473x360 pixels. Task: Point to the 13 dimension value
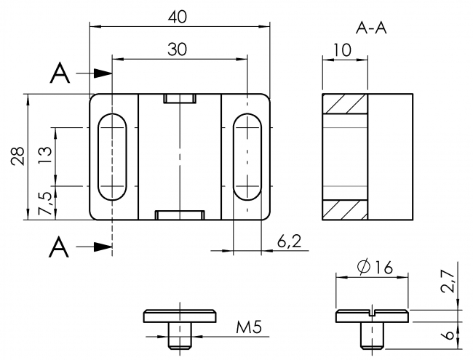click(x=45, y=156)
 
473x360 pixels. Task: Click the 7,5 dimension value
click(x=45, y=204)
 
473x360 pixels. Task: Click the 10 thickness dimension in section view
click(x=344, y=49)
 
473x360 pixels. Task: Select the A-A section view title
click(x=371, y=28)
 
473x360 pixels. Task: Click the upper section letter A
click(x=61, y=73)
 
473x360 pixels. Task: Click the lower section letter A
click(x=61, y=247)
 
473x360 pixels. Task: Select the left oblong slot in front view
click(x=112, y=156)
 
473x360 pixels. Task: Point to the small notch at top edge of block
click(x=179, y=98)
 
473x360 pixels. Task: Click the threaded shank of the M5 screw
click(x=179, y=335)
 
